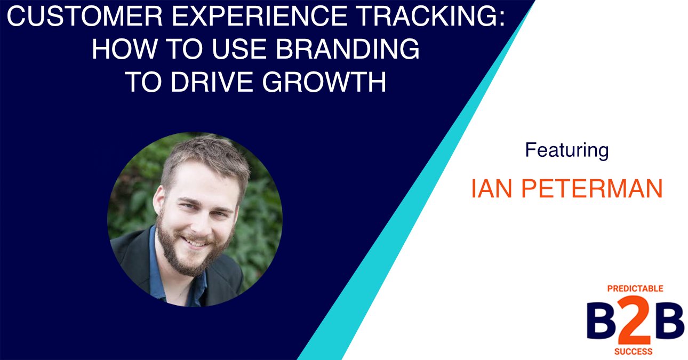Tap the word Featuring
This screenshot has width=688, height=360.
tap(566, 150)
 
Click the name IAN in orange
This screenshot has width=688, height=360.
tap(491, 189)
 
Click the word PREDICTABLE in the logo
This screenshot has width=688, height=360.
tap(635, 289)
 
